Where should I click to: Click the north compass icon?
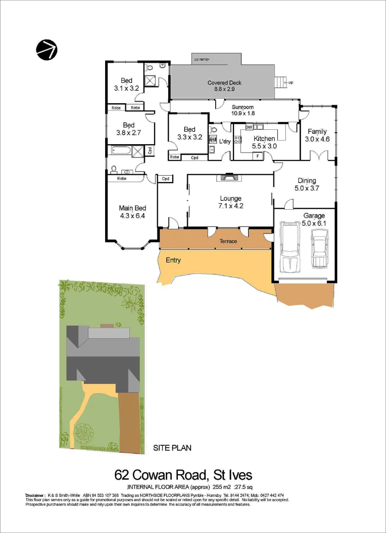pos(46,49)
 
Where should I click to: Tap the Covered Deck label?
pos(224,83)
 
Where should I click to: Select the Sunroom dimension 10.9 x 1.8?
pos(242,113)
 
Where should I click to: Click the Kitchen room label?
pos(264,139)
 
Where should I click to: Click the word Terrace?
pos(229,241)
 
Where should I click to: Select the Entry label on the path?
pos(173,260)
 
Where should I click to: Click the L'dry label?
pos(225,142)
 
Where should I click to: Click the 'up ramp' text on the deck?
pos(201,60)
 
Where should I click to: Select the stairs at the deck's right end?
pos(281,82)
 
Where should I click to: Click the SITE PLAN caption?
pos(172,448)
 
